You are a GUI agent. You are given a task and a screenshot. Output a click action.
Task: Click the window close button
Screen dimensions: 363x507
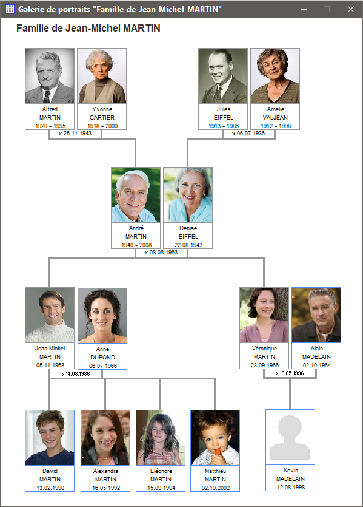pyautogui.click(x=351, y=9)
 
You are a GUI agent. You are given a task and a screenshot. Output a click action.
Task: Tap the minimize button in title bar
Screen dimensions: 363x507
pyautogui.click(x=303, y=9)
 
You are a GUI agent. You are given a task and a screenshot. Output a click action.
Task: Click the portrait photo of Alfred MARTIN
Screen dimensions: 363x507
pyautogui.click(x=50, y=76)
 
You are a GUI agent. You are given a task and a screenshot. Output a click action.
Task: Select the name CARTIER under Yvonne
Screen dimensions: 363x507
pyautogui.click(x=102, y=117)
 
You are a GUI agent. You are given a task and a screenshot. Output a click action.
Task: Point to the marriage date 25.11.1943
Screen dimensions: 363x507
pyautogui.click(x=78, y=133)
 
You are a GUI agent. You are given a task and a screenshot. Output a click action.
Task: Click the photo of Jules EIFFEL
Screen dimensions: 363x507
pyautogui.click(x=223, y=76)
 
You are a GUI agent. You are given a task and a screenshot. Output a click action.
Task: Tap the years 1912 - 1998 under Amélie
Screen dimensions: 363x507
pyautogui.click(x=276, y=126)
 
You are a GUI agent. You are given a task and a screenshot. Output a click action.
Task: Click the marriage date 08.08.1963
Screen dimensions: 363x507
pyautogui.click(x=164, y=252)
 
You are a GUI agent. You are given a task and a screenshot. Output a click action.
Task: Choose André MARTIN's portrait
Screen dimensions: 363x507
pyautogui.click(x=136, y=195)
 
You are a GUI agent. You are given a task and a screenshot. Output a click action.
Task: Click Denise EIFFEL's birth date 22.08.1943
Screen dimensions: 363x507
pyautogui.click(x=188, y=245)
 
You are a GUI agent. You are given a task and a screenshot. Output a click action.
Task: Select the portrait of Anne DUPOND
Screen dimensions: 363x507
pyautogui.click(x=102, y=316)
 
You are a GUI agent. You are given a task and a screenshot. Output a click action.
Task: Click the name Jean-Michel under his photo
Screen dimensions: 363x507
pyautogui.click(x=50, y=349)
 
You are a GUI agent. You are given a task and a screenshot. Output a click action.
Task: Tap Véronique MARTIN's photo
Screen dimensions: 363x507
pyautogui.click(x=264, y=315)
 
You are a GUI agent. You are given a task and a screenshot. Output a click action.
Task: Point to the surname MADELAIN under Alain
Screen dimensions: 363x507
pyautogui.click(x=316, y=356)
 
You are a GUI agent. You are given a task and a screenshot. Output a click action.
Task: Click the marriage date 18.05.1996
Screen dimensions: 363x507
pyautogui.click(x=291, y=373)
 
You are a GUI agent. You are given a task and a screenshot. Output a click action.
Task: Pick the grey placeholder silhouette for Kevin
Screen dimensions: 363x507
pyautogui.click(x=290, y=438)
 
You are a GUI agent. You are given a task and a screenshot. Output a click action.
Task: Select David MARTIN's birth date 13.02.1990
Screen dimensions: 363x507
pyautogui.click(x=50, y=488)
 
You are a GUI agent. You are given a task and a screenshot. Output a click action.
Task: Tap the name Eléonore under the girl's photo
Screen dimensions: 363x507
pyautogui.click(x=161, y=471)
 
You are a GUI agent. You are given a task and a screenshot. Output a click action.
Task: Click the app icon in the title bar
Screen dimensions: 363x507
pyautogui.click(x=10, y=9)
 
